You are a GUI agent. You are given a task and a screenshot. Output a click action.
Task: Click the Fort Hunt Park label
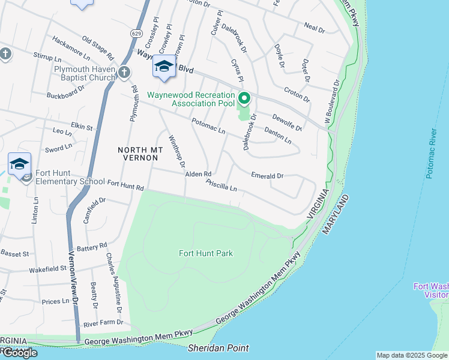(x=205, y=253)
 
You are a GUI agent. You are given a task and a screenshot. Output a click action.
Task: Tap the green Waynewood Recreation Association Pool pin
(x=244, y=98)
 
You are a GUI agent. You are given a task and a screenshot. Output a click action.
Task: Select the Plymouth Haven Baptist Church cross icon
(x=124, y=73)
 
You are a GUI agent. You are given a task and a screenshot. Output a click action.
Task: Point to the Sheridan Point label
(x=218, y=348)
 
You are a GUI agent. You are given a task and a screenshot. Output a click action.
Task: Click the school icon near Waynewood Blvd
(x=163, y=68)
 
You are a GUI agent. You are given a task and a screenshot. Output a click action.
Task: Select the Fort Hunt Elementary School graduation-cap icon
(x=19, y=164)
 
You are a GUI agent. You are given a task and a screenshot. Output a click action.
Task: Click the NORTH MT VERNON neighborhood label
(x=137, y=153)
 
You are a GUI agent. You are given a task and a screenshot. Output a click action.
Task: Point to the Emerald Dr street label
(x=267, y=176)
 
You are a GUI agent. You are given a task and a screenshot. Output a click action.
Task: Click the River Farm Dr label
(x=103, y=323)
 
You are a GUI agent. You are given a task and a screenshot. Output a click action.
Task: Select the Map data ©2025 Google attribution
(x=412, y=355)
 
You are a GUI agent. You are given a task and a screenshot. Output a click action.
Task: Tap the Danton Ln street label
(x=278, y=136)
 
